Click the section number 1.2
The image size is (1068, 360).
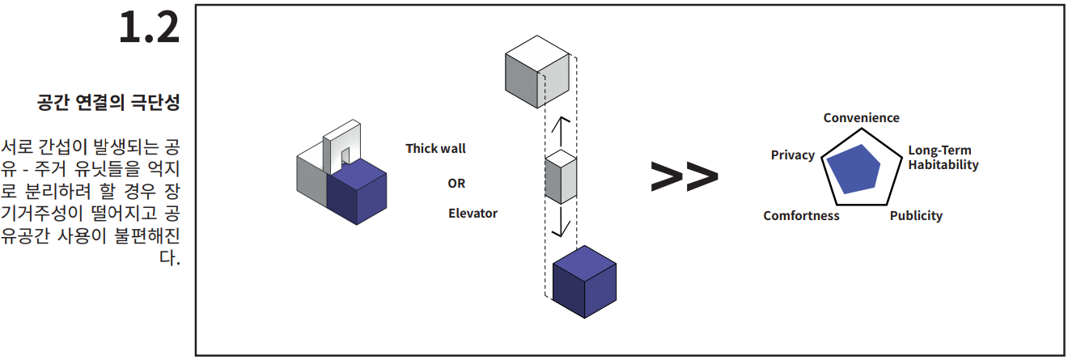[149, 28]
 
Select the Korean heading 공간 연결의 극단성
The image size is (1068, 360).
[108, 103]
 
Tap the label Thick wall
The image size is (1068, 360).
[436, 149]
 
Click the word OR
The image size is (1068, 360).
[456, 184]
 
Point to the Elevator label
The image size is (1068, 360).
[473, 213]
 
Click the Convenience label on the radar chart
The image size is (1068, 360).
[862, 118]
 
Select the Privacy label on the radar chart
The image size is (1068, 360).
[793, 155]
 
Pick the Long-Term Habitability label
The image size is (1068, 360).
[943, 158]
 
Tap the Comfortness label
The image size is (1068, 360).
[802, 216]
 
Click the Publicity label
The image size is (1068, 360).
[917, 216]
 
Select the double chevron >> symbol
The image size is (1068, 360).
[684, 176]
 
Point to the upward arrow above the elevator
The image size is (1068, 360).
[561, 132]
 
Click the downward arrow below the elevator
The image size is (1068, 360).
[561, 221]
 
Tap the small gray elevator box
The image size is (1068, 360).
[561, 177]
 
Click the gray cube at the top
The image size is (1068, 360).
[537, 71]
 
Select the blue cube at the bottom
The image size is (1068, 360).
[584, 282]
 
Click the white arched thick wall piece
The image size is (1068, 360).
[342, 146]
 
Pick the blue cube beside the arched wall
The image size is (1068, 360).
[357, 192]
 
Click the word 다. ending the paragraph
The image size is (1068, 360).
[170, 258]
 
